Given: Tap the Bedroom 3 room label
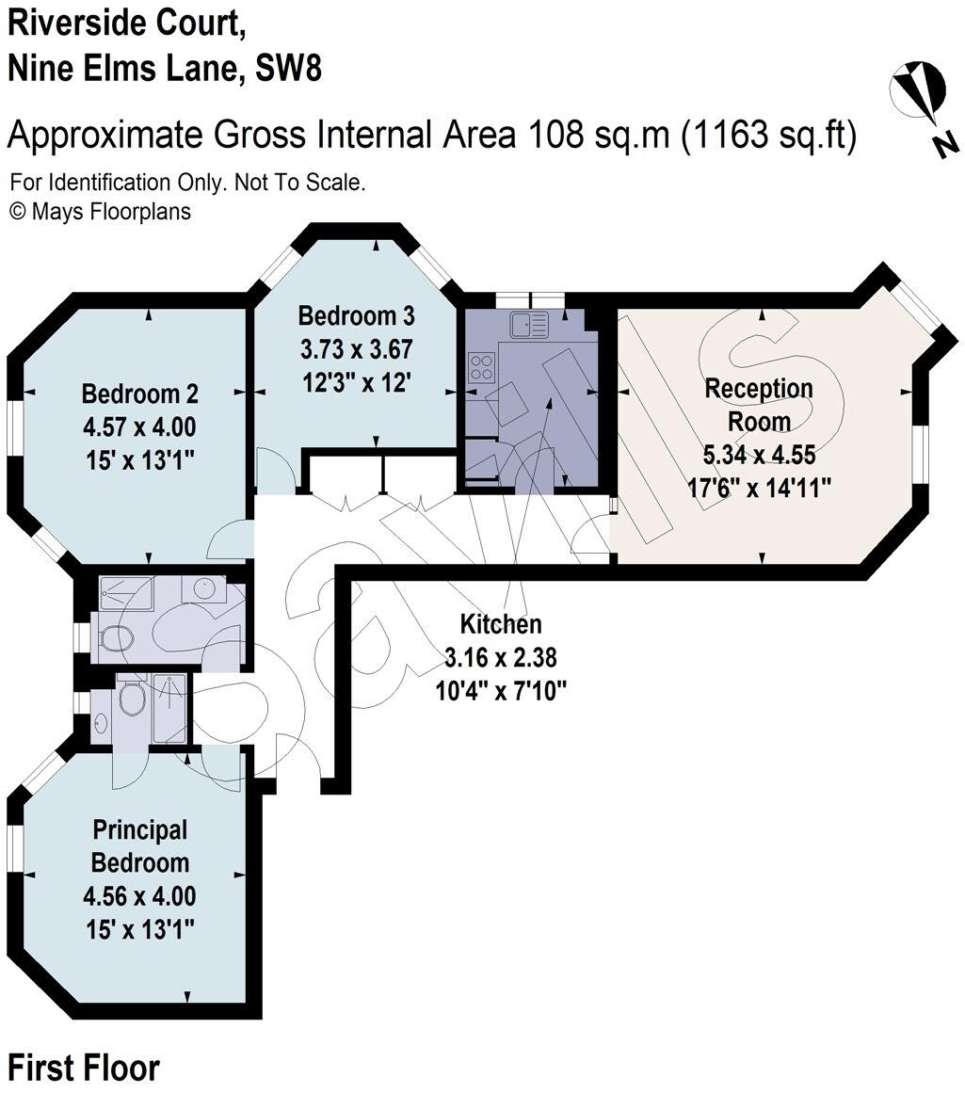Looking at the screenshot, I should point(357,314).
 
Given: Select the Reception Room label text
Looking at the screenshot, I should point(759,403).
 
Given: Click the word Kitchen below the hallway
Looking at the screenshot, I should point(500,623).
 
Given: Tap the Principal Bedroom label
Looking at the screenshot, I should point(140,846).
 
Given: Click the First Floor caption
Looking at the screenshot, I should point(84,1068).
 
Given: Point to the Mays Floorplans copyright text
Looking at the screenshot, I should point(100,211).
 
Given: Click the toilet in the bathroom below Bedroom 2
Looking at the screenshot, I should point(115,638).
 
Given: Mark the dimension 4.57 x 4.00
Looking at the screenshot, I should point(140,426).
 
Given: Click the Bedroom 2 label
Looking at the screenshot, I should point(140,394).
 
